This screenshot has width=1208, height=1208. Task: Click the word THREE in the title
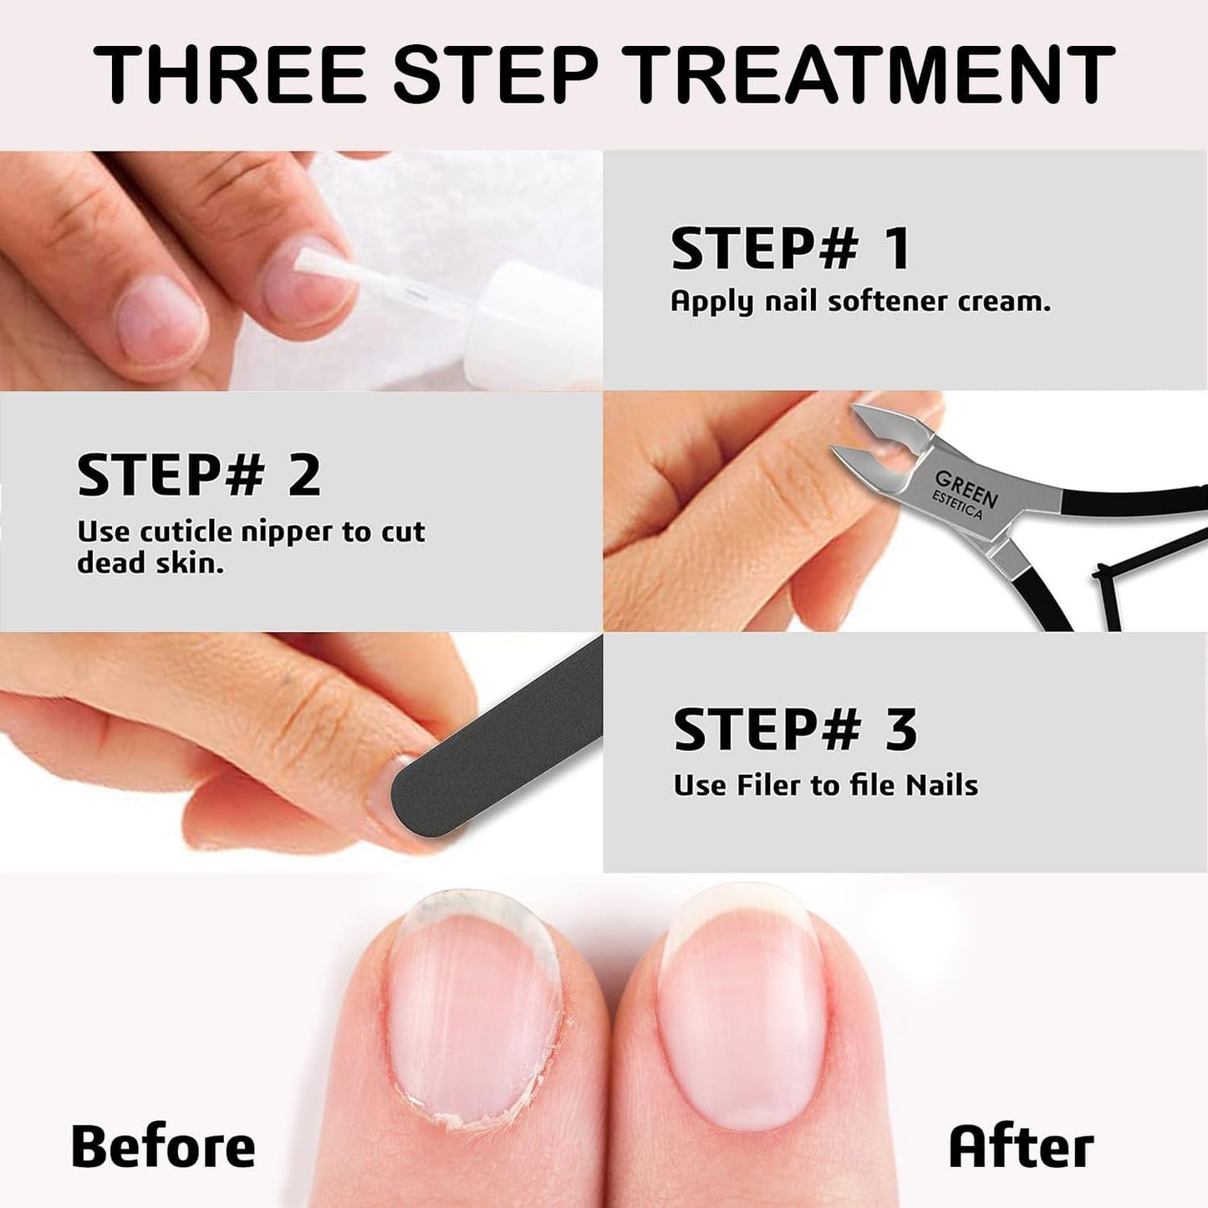point(230,74)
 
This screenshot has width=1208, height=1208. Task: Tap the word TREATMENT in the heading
point(873,74)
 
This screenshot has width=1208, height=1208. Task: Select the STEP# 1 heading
point(790,249)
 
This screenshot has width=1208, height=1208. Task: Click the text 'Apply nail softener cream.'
point(860,302)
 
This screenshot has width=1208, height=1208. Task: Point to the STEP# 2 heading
point(199,475)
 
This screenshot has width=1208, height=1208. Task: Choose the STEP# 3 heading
point(795,729)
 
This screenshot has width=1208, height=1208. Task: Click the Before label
point(163,1146)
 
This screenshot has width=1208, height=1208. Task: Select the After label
point(1021,1146)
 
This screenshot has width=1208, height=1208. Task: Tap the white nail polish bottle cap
point(535,326)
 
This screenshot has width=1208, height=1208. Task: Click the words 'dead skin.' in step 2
point(150,563)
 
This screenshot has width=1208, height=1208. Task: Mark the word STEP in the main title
point(495,74)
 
